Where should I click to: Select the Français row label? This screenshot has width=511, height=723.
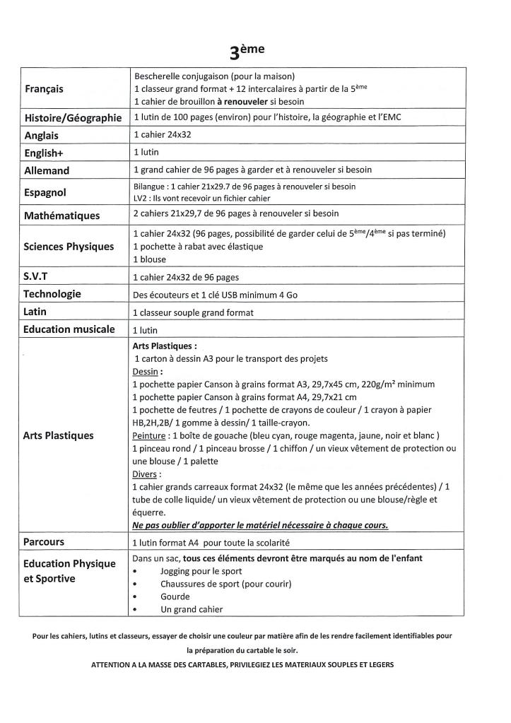(44, 89)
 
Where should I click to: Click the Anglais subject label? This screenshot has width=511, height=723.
(42, 135)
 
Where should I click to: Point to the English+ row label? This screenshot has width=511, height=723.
(43, 153)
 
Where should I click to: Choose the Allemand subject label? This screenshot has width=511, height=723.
(47, 170)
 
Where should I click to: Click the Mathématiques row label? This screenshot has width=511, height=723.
(61, 216)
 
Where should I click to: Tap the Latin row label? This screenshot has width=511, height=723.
(35, 312)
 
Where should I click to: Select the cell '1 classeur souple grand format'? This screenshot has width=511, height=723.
(193, 312)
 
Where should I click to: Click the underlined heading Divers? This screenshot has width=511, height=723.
(145, 474)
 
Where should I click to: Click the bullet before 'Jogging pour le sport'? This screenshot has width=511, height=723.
(135, 571)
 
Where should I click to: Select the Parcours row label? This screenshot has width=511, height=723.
(44, 542)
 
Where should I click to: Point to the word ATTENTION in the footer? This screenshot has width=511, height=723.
(112, 665)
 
